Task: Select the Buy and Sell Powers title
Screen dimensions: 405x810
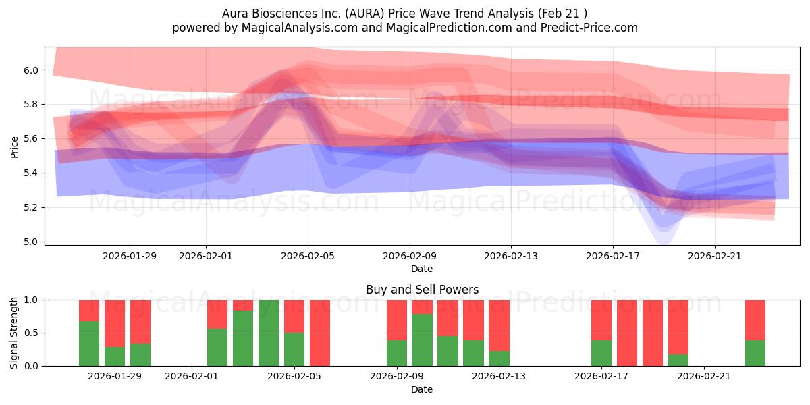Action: (422, 290)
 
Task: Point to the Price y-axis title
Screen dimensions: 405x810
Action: (14, 146)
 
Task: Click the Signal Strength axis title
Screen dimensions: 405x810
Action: (14, 333)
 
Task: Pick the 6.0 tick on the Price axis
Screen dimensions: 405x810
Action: (31, 70)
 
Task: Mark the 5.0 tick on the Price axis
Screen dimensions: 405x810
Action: (31, 242)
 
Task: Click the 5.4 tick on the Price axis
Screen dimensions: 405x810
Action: (31, 173)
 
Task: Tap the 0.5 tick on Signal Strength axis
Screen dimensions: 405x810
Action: (31, 333)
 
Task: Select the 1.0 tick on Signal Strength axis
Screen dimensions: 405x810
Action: (31, 300)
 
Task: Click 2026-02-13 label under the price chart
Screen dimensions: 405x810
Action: (511, 256)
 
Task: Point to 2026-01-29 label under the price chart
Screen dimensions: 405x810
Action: (130, 256)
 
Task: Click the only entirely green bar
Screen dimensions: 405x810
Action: (268, 333)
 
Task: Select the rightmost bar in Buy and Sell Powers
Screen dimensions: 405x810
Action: (755, 333)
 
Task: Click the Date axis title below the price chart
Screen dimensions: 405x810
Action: (422, 269)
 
